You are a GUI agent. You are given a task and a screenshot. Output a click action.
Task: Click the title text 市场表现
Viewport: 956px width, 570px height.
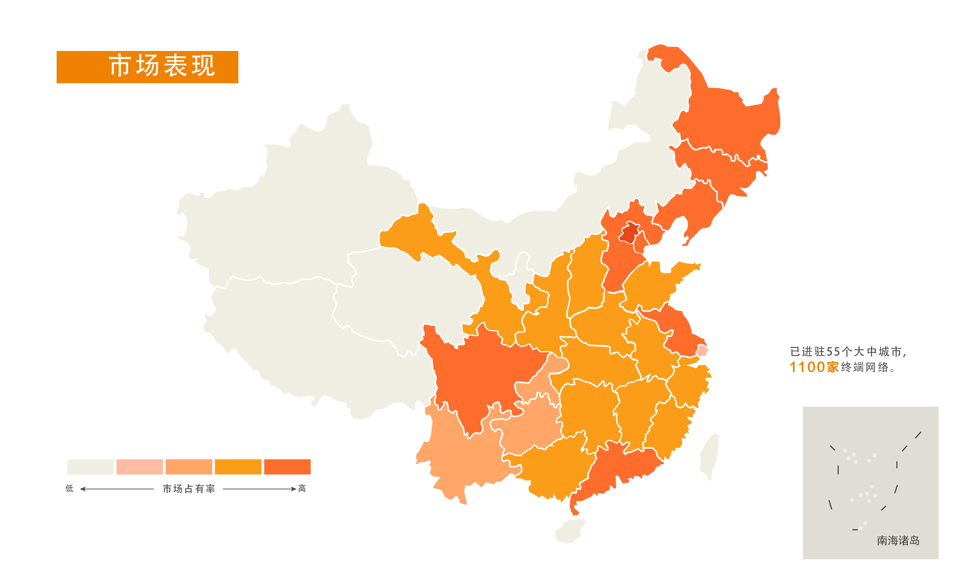162,66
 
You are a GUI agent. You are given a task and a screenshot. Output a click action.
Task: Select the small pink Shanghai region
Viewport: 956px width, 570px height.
702,351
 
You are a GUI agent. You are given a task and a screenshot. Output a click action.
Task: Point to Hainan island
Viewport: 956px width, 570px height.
570,531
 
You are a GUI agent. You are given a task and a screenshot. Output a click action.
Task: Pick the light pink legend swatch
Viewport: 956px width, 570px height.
139,467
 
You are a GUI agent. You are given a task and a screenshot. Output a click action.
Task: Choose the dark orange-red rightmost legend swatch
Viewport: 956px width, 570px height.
287,467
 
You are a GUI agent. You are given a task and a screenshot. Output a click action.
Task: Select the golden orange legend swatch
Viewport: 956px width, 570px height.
238,467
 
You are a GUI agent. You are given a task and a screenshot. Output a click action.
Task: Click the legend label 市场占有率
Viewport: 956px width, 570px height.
189,489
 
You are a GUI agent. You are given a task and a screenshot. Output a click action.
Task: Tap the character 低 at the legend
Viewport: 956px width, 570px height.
69,489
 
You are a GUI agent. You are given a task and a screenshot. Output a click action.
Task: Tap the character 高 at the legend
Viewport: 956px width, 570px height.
302,489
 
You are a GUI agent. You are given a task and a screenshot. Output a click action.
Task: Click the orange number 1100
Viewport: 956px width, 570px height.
807,367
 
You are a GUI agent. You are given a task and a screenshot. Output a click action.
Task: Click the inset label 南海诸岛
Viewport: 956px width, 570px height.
898,541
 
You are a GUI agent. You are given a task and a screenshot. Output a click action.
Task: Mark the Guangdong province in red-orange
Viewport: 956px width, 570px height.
622,469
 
